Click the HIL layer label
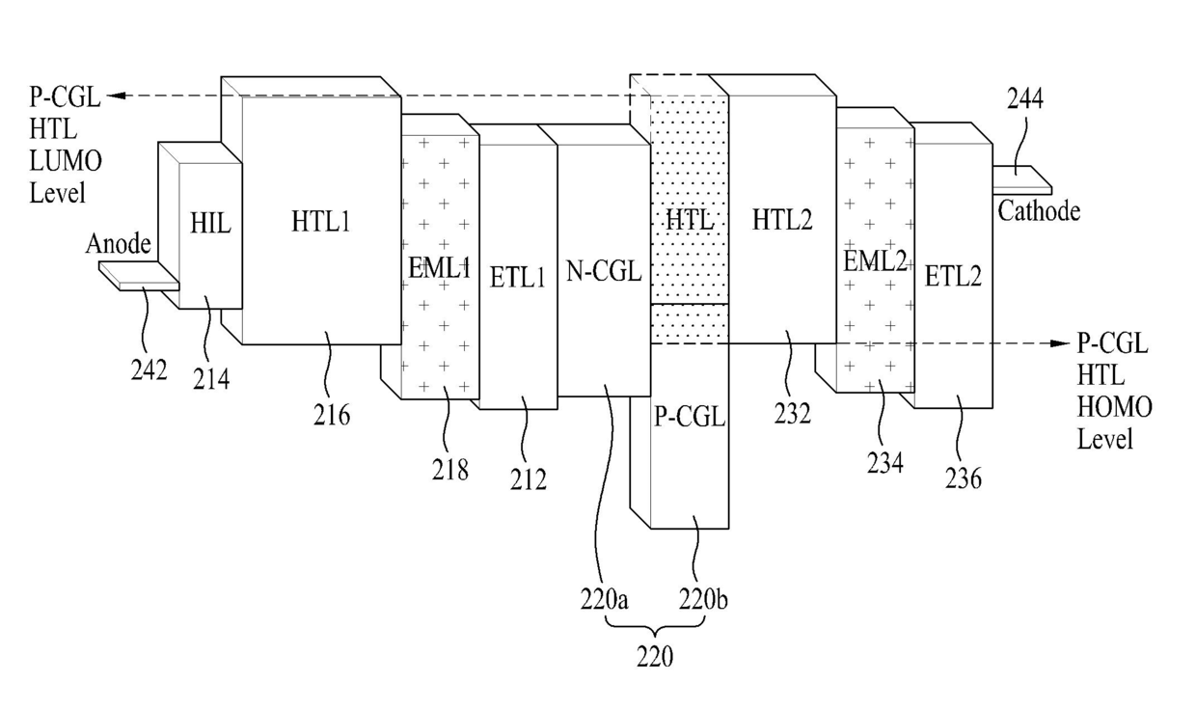pos(210,223)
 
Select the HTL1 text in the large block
pos(320,221)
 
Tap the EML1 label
pos(439,267)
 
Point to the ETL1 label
pos(517,278)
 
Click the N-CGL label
pos(604,272)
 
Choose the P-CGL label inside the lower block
pos(690,417)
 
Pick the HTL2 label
pos(782,220)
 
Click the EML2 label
pos(875,261)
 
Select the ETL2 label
pos(953,277)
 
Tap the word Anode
pos(118,244)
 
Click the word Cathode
pos(1039,211)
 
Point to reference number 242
pos(149,369)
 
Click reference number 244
pos(1025,98)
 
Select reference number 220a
pos(604,599)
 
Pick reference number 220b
pos(703,599)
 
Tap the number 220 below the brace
pos(655,656)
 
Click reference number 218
pos(450,470)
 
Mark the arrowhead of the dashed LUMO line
pos(116,96)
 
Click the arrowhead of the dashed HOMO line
pos(1061,343)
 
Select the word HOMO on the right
pos(1114,407)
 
